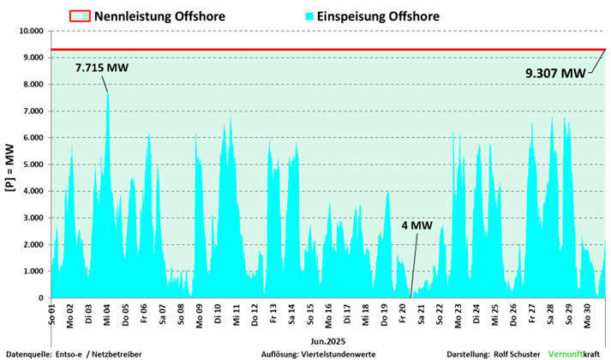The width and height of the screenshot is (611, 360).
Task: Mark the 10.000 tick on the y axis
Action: (x=29, y=31)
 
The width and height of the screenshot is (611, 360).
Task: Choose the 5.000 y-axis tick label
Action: (x=31, y=165)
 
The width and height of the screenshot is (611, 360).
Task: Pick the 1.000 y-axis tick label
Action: (x=31, y=272)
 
